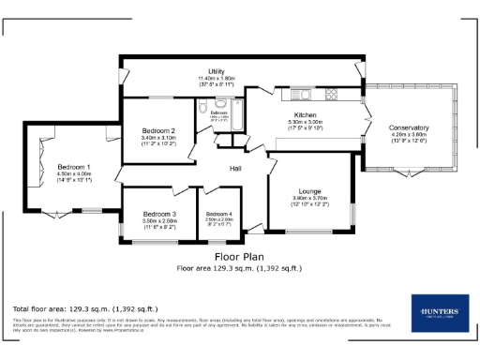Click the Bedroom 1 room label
tap(74, 166)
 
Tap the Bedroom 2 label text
tap(158, 130)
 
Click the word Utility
tap(216, 71)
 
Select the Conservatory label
tap(409, 127)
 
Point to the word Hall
tap(238, 169)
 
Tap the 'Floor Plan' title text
tap(239, 255)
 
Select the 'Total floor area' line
tap(84, 308)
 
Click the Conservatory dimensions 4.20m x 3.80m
tap(409, 135)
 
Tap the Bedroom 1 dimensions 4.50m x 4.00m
tap(74, 173)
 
